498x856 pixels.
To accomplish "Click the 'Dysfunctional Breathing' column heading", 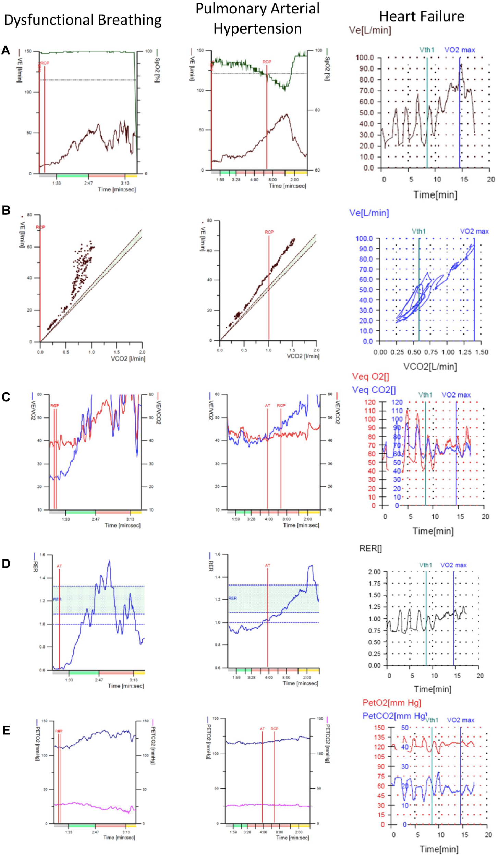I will (x=82, y=20).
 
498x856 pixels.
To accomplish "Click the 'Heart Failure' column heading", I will (x=422, y=16).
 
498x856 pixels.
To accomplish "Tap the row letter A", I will (x=5, y=50).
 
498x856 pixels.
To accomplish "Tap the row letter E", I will (x=6, y=731).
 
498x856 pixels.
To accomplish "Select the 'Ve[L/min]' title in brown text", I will (x=370, y=30).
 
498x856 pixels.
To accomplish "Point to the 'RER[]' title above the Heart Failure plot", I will (x=371, y=549).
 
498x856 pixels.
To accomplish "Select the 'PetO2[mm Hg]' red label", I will (x=391, y=703).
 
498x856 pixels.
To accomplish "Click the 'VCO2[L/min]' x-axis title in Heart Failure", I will (x=430, y=366).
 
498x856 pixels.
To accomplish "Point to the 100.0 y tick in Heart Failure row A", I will (x=364, y=58).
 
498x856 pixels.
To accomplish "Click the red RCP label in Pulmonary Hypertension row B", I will (x=269, y=232).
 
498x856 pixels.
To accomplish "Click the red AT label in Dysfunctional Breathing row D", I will (x=59, y=566).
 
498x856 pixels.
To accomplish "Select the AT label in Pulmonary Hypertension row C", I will (x=267, y=406).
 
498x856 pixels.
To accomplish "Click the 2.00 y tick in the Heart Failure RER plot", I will (x=375, y=572).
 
